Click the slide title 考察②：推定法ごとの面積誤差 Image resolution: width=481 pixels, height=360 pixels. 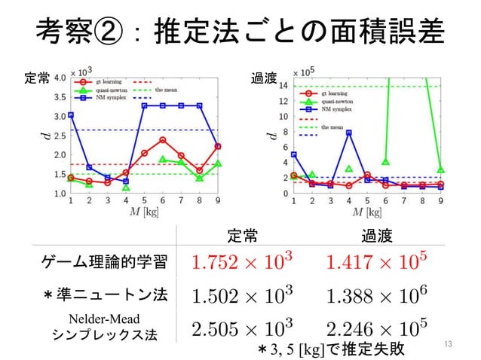(240, 32)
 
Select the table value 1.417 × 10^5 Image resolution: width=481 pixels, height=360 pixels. (376, 263)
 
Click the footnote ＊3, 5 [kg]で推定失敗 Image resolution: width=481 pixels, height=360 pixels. (332, 350)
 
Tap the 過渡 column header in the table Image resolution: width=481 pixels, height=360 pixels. (376, 236)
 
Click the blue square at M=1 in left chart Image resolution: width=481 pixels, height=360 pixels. (71, 115)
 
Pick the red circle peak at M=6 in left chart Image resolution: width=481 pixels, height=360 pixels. (163, 139)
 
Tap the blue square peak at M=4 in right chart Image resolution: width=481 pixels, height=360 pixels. (349, 133)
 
